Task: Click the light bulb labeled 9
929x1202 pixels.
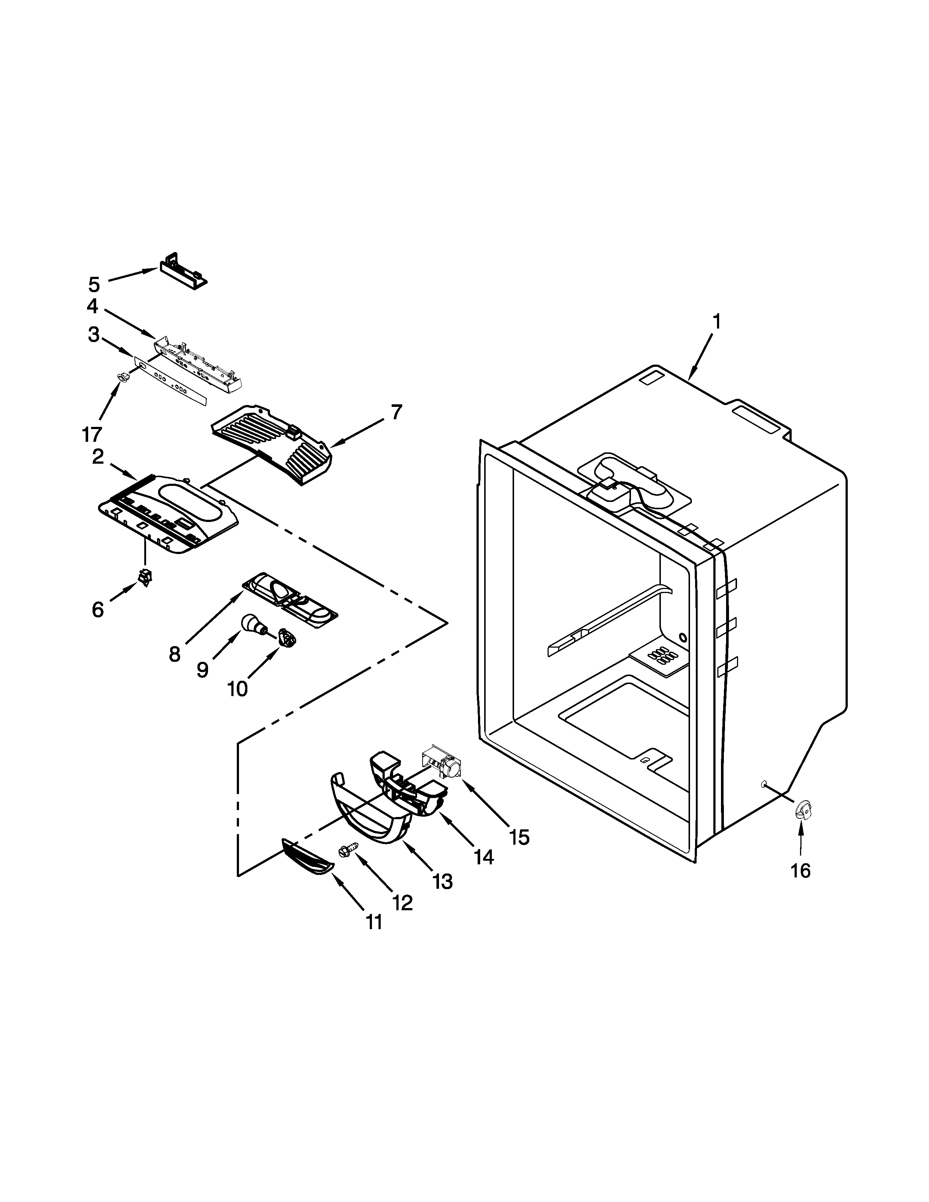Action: point(252,625)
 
